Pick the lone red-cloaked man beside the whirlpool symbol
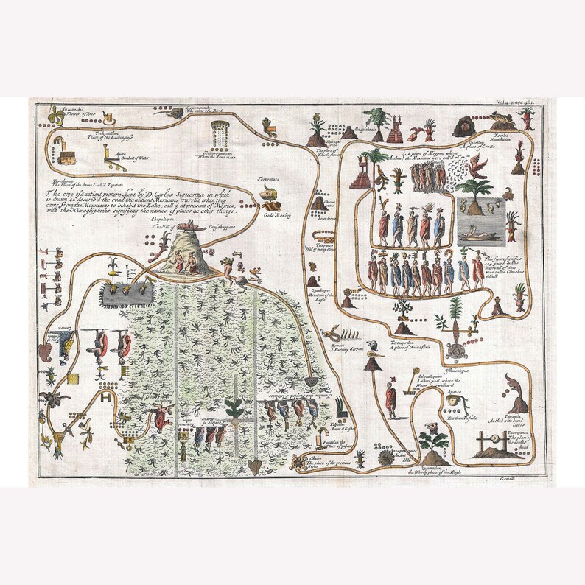[390, 398]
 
